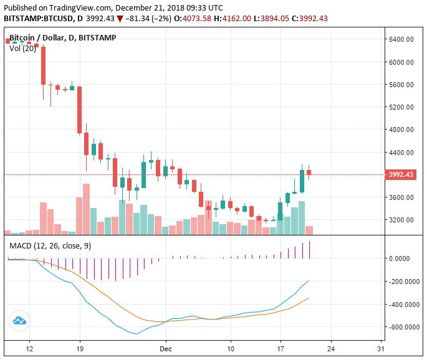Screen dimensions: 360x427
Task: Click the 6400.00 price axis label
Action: [401, 39]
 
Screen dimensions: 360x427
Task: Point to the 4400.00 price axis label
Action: [401, 153]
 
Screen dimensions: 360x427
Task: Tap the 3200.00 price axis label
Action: [401, 220]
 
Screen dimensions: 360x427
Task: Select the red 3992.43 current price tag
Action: [401, 175]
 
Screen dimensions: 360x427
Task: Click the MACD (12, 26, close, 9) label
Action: [50, 246]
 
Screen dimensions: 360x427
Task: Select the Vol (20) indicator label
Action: [22, 48]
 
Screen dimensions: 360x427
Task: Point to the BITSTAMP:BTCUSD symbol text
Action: [39, 18]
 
